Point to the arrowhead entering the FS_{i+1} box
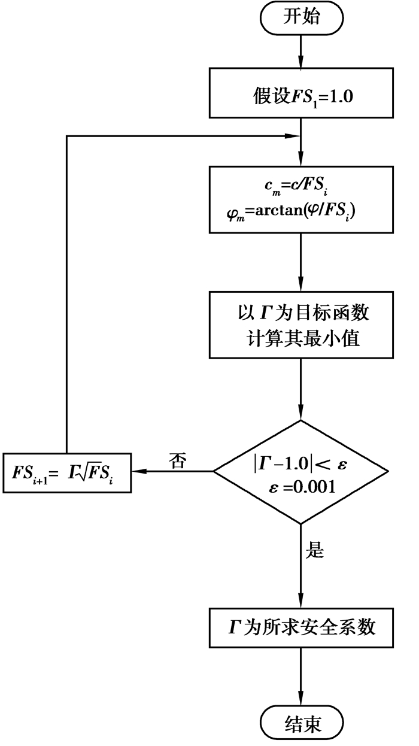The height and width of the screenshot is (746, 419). pyautogui.click(x=137, y=471)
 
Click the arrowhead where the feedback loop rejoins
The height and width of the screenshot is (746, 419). pyautogui.click(x=294, y=137)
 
